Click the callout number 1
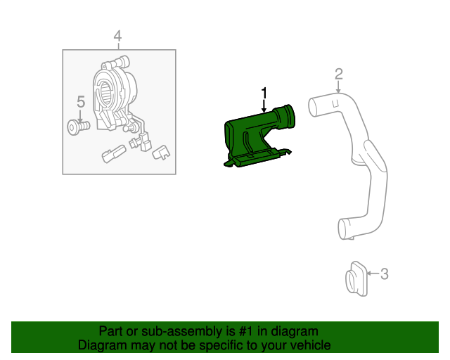point(264,92)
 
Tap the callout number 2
point(338,74)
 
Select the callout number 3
point(384,274)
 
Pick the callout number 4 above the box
point(117,36)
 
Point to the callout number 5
point(80,103)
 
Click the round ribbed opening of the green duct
point(288,115)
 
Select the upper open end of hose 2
point(314,106)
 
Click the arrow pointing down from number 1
point(264,106)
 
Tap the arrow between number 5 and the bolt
point(80,115)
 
